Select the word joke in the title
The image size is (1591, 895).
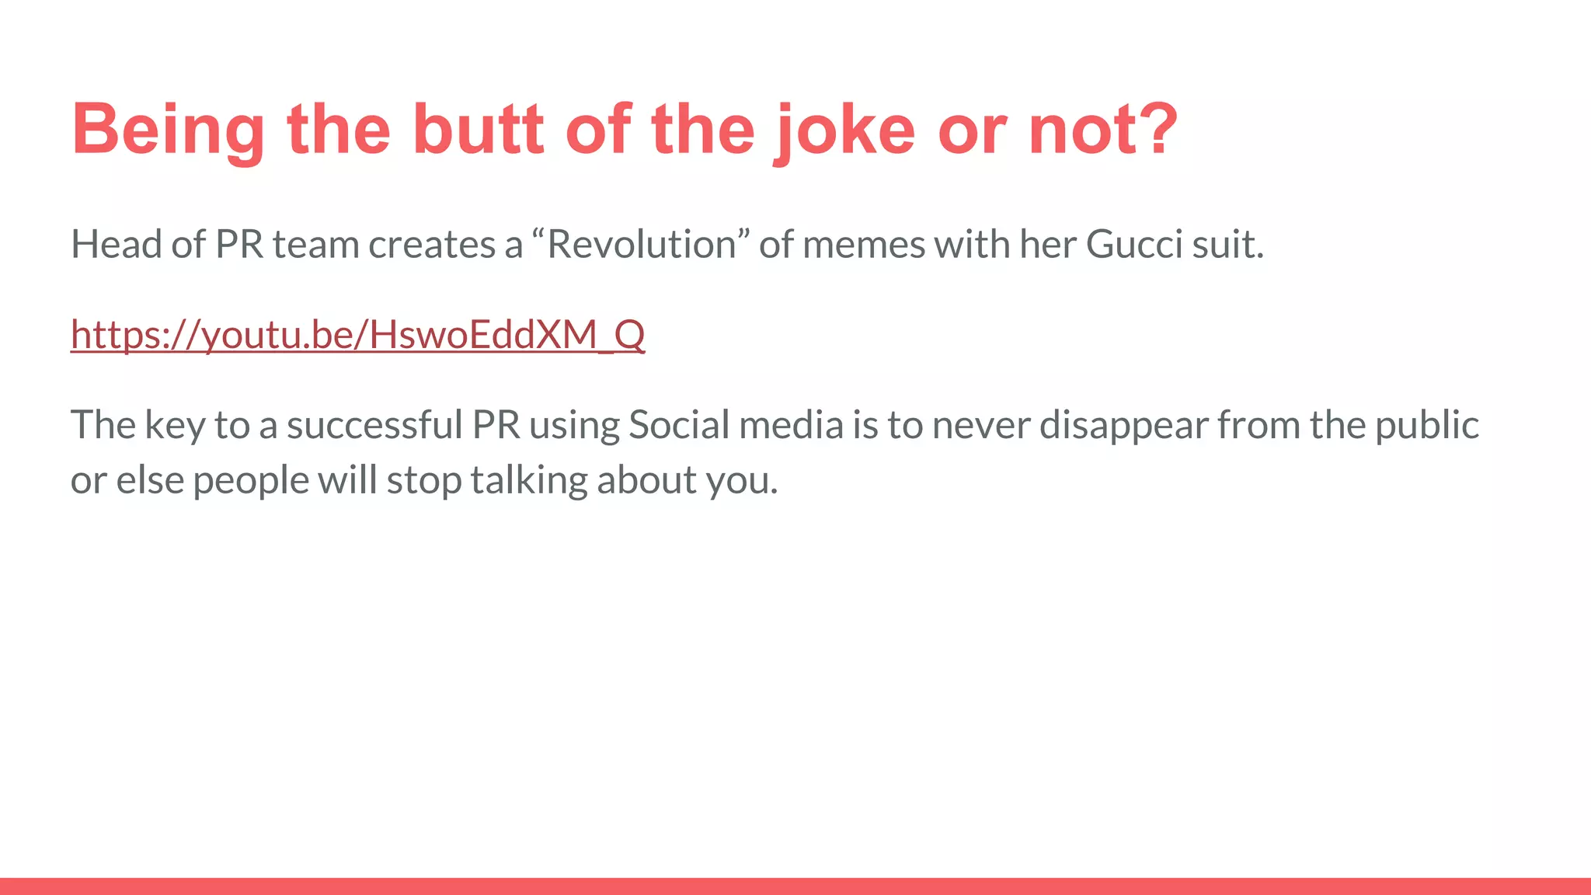tap(844, 130)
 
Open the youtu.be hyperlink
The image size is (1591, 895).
tap(357, 335)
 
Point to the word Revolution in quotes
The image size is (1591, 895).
tap(642, 245)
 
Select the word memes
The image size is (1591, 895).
tap(863, 245)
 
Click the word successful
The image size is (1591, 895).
tap(374, 425)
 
